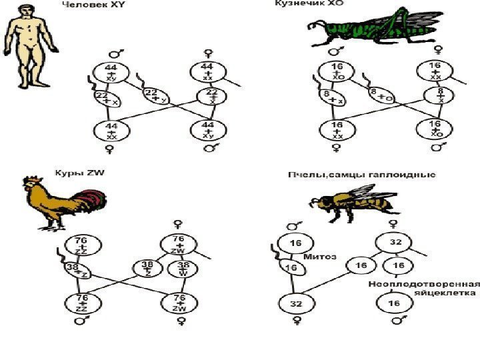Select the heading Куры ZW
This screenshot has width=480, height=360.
pos(80,173)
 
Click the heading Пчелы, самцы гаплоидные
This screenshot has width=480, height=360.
pos(361,175)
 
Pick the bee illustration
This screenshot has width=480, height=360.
pos(349,200)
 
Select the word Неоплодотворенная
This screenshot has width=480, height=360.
pos(424,284)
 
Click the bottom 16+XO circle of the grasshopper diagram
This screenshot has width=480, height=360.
pos(434,127)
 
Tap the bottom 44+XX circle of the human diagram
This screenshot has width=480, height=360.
pos(111,131)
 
